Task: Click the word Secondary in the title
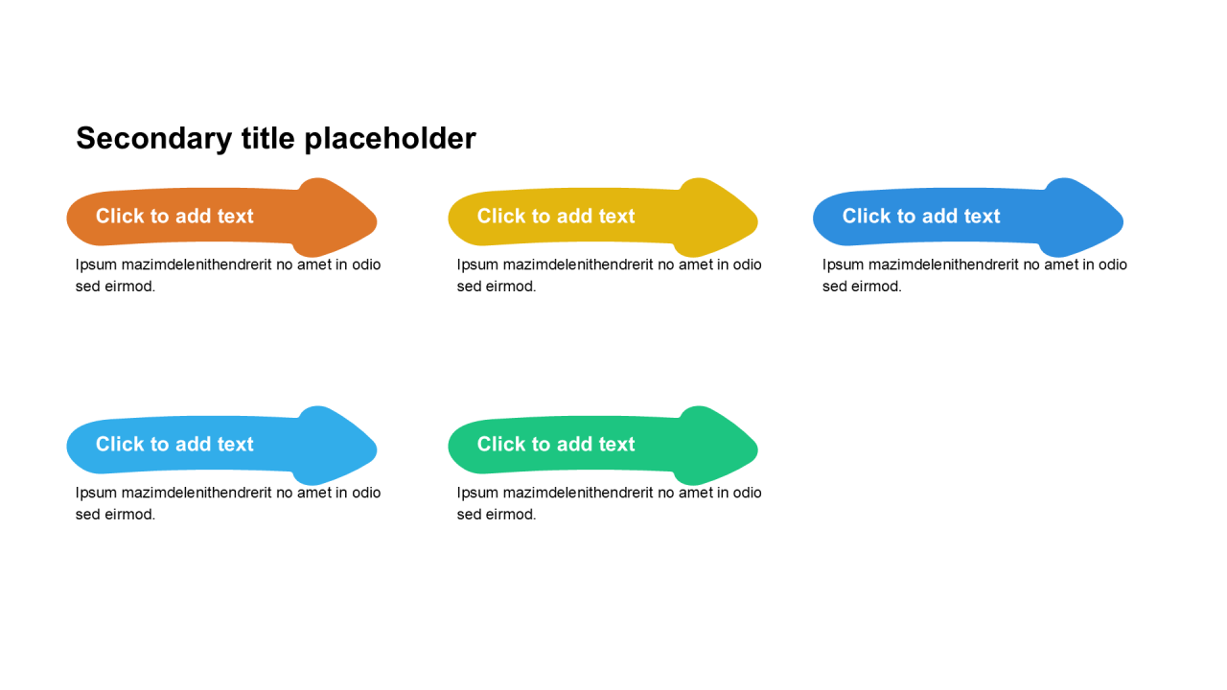154,139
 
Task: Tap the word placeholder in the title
390,139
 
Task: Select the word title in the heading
267,137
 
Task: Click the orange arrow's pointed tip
377,221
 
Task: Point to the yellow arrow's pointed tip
757,221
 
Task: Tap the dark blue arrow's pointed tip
1123,221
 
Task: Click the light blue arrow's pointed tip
377,449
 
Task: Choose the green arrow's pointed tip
757,449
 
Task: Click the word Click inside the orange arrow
120,216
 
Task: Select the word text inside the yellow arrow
616,217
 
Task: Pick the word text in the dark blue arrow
982,217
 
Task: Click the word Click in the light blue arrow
120,444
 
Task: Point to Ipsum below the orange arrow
96,265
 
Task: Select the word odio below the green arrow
747,493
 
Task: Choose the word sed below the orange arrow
87,287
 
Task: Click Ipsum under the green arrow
477,494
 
